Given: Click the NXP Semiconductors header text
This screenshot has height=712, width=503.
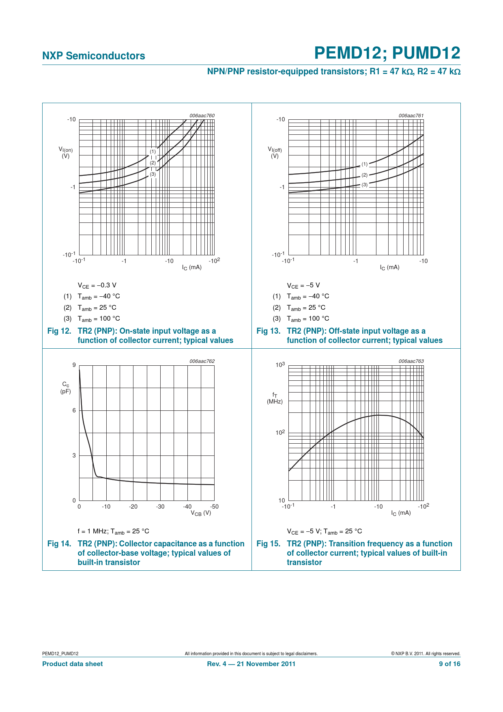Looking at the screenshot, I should coord(93,56).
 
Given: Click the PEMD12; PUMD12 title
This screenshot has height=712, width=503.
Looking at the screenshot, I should coord(387,53).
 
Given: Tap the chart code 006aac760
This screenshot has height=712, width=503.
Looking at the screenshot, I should coord(202,116).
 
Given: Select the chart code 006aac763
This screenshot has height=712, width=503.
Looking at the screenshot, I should coord(411,361).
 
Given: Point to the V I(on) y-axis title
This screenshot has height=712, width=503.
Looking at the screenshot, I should coord(66,153).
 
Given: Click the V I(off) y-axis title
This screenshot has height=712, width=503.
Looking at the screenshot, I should coord(275,153).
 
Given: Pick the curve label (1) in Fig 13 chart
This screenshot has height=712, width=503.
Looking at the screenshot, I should coord(365,164).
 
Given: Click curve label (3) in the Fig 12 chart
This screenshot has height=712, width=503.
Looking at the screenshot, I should coord(153,174).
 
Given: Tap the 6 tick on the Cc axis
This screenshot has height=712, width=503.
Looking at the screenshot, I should coord(74,410).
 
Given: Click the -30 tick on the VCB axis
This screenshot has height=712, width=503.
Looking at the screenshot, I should coord(160,507).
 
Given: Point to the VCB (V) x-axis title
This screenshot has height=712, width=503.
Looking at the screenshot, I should coord(201,513).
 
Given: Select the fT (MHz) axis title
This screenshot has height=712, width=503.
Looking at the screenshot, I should coord(275,398).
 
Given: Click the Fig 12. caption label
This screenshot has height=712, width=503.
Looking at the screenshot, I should coord(59,331).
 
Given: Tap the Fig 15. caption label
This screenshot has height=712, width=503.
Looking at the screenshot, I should coord(269,544).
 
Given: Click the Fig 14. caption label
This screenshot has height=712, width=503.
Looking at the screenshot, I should coord(59,544).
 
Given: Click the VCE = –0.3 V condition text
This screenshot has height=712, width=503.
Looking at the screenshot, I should coord(97,285).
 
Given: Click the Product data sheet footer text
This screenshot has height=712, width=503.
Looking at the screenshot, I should coord(73,664).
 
